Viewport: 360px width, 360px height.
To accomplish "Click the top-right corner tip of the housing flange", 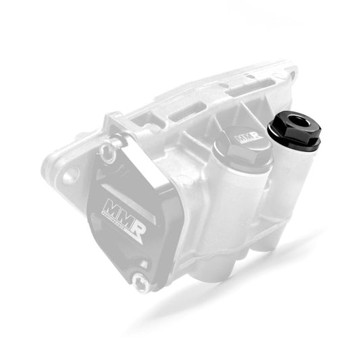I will pos(292,67).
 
